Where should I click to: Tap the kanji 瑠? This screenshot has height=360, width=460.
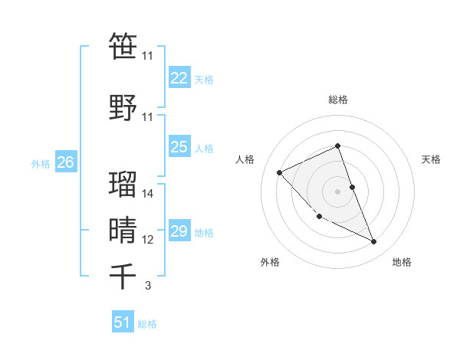123,184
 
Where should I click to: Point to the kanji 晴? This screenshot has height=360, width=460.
123,230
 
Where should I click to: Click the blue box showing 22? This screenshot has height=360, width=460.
179,78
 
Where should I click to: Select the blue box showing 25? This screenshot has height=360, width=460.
179,147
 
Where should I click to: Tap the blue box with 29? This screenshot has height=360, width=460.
179,231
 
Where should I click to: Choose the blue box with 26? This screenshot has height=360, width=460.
65,162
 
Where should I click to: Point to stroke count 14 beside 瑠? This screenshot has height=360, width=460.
148,194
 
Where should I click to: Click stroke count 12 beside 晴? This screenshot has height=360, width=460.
148,240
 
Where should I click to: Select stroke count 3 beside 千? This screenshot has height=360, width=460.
148,286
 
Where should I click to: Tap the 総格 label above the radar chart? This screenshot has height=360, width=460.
337,100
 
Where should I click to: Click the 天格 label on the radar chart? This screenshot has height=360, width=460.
431,159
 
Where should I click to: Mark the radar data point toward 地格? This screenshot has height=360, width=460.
373,242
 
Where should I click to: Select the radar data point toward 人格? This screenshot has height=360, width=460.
280,172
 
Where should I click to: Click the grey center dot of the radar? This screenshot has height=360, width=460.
337,191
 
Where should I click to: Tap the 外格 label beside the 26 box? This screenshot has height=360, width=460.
40,163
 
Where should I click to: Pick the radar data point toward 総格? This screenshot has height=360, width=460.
337,146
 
